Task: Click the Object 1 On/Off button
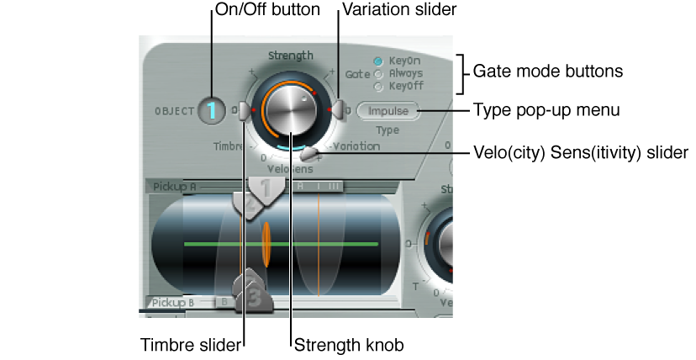212,110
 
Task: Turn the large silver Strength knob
289,110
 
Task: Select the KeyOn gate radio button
378,61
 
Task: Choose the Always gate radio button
378,74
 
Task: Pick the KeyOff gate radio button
378,86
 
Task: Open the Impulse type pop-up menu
388,111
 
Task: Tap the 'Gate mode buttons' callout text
548,72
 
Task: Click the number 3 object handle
255,299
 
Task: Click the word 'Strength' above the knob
291,56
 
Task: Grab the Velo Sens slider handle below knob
310,153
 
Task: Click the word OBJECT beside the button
174,111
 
